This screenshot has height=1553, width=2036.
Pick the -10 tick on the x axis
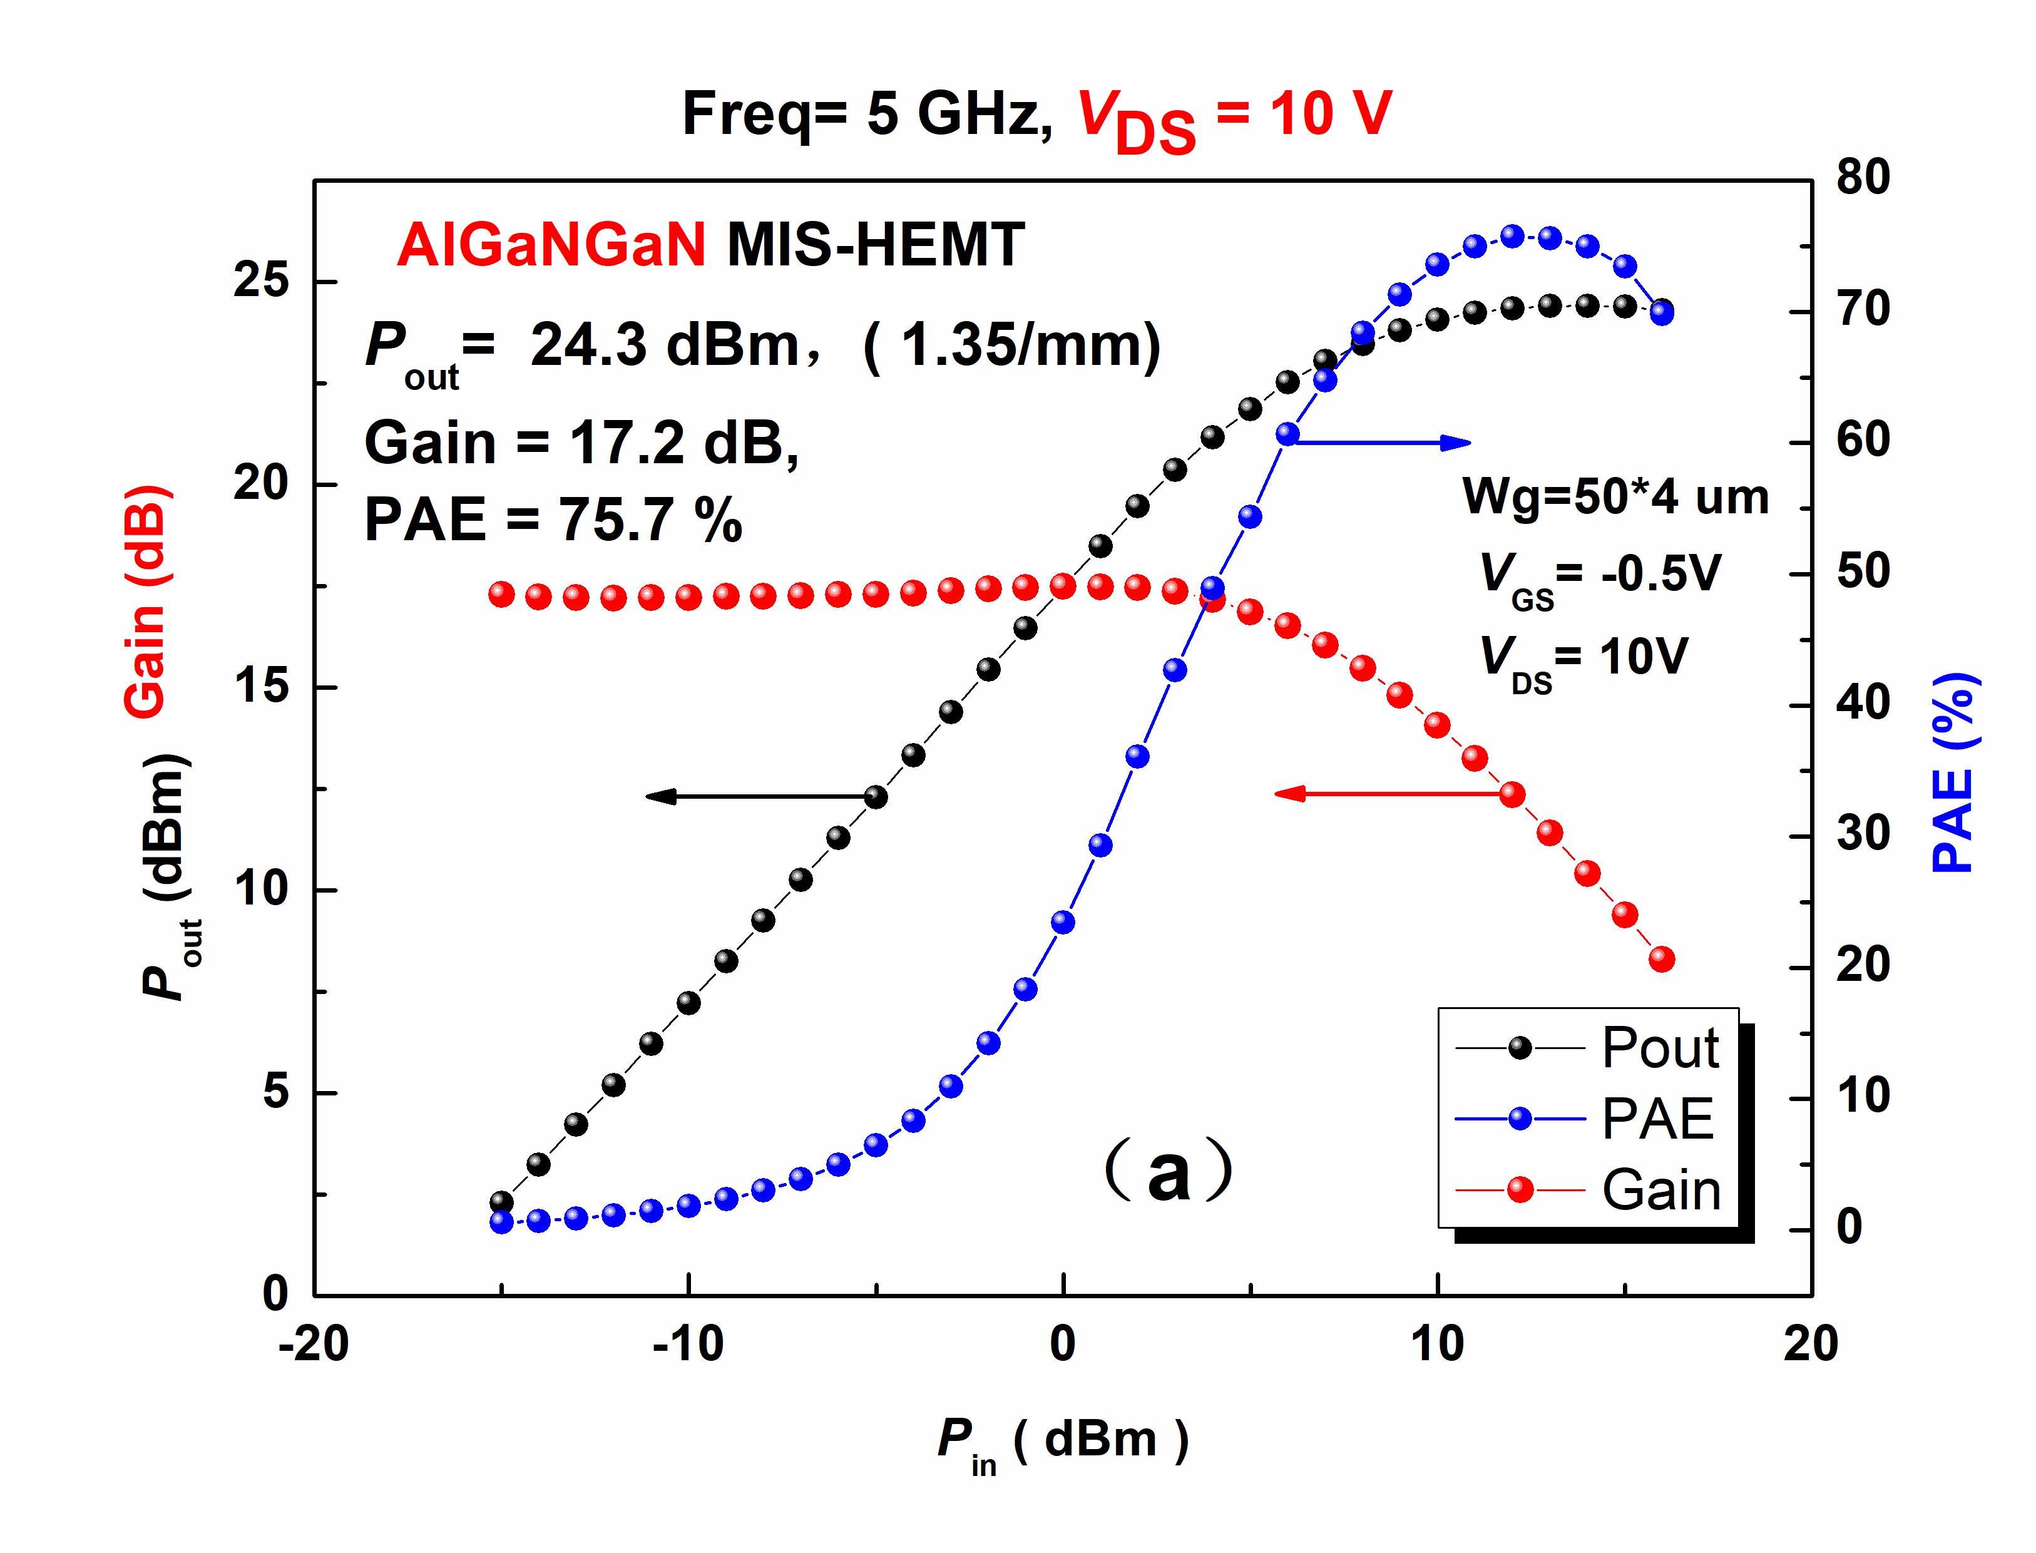click(688, 1343)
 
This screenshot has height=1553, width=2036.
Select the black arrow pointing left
click(758, 796)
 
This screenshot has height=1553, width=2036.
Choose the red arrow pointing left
click(1386, 793)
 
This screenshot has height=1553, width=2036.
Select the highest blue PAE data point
click(1513, 236)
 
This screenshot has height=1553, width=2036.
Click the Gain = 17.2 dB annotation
click(581, 443)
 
